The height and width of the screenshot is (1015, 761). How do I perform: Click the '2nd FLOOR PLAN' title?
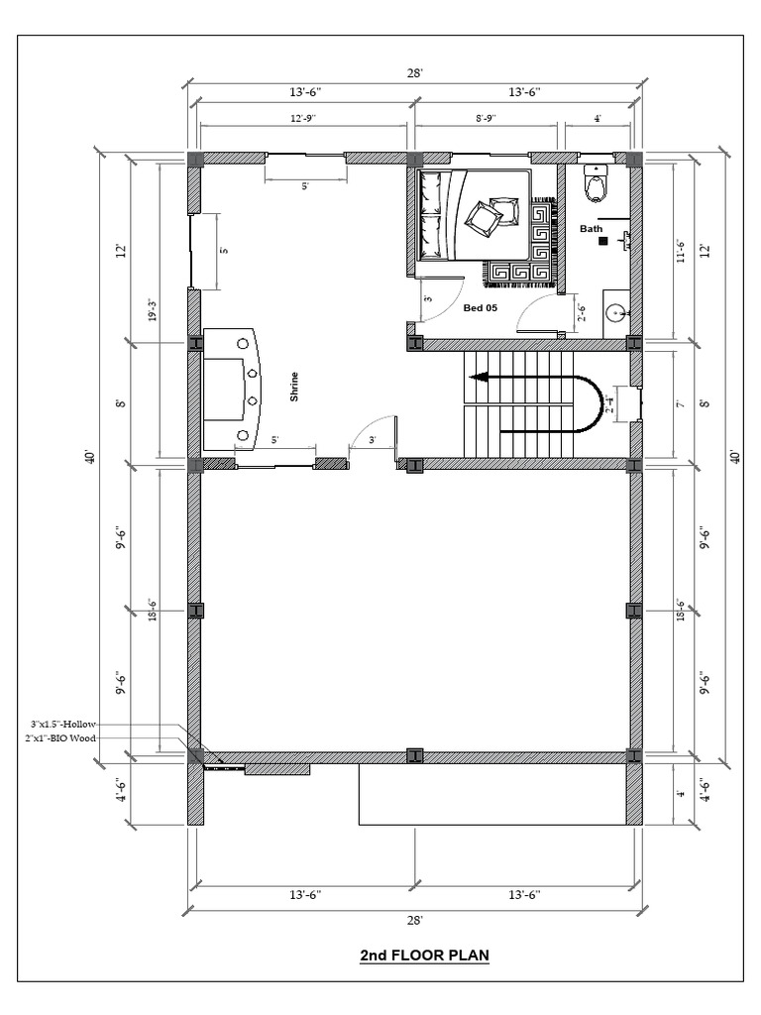click(424, 957)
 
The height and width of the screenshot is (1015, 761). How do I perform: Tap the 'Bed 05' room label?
click(481, 308)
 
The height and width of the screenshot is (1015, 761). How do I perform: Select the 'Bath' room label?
click(592, 229)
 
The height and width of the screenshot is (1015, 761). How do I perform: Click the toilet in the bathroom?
click(597, 183)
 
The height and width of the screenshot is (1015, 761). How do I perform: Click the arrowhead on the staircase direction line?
click(477, 377)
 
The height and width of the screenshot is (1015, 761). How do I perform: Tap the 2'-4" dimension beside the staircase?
click(610, 403)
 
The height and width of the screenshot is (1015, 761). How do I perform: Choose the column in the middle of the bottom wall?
click(415, 756)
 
